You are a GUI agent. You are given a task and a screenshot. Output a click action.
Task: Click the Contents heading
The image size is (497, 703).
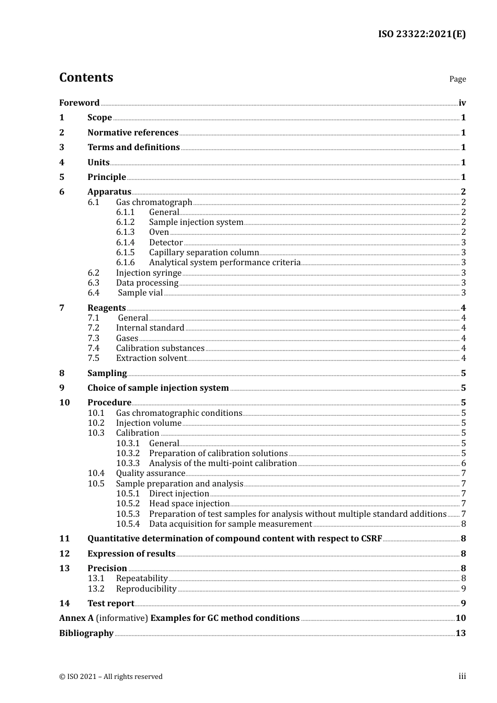pyautogui.click(x=86, y=77)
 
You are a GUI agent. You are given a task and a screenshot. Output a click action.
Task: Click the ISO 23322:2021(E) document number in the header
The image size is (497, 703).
pyautogui.click(x=422, y=35)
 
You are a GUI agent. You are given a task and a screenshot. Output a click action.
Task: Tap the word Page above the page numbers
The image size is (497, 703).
pyautogui.click(x=457, y=79)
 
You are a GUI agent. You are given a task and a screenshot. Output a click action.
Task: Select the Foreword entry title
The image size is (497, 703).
pyautogui.click(x=79, y=103)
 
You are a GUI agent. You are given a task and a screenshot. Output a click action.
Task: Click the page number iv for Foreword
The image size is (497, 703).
pyautogui.click(x=462, y=103)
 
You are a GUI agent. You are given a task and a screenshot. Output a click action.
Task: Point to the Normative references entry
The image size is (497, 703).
pyautogui.click(x=133, y=132)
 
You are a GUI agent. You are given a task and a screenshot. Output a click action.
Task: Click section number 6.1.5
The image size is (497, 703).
pyautogui.click(x=125, y=252)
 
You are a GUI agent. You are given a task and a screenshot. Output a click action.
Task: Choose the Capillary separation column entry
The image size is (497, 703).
pyautogui.click(x=204, y=252)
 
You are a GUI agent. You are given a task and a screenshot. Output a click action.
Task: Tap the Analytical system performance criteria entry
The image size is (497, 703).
pyautogui.click(x=224, y=263)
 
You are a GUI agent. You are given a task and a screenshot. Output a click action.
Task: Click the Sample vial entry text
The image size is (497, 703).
pyautogui.click(x=140, y=293)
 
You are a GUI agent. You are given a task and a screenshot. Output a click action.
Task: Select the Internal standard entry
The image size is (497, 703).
pyautogui.click(x=150, y=328)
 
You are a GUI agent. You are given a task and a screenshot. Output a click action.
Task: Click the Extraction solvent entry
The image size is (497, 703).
pyautogui.click(x=151, y=358)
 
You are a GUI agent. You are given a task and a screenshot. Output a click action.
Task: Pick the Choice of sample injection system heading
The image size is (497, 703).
pyautogui.click(x=158, y=388)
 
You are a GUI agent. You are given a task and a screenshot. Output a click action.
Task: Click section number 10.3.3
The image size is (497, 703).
pyautogui.click(x=128, y=463)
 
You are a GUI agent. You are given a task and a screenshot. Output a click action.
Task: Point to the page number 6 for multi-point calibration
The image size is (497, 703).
pyautogui.click(x=464, y=463)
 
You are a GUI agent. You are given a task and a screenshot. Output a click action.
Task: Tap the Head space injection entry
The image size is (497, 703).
pyautogui.click(x=189, y=504)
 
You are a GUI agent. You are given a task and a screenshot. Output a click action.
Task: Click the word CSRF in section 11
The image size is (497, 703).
pyautogui.click(x=371, y=538)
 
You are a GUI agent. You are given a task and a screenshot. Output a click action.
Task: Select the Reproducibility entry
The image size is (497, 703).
pyautogui.click(x=146, y=588)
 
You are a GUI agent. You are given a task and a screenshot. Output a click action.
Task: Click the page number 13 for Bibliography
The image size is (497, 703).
pyautogui.click(x=460, y=633)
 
